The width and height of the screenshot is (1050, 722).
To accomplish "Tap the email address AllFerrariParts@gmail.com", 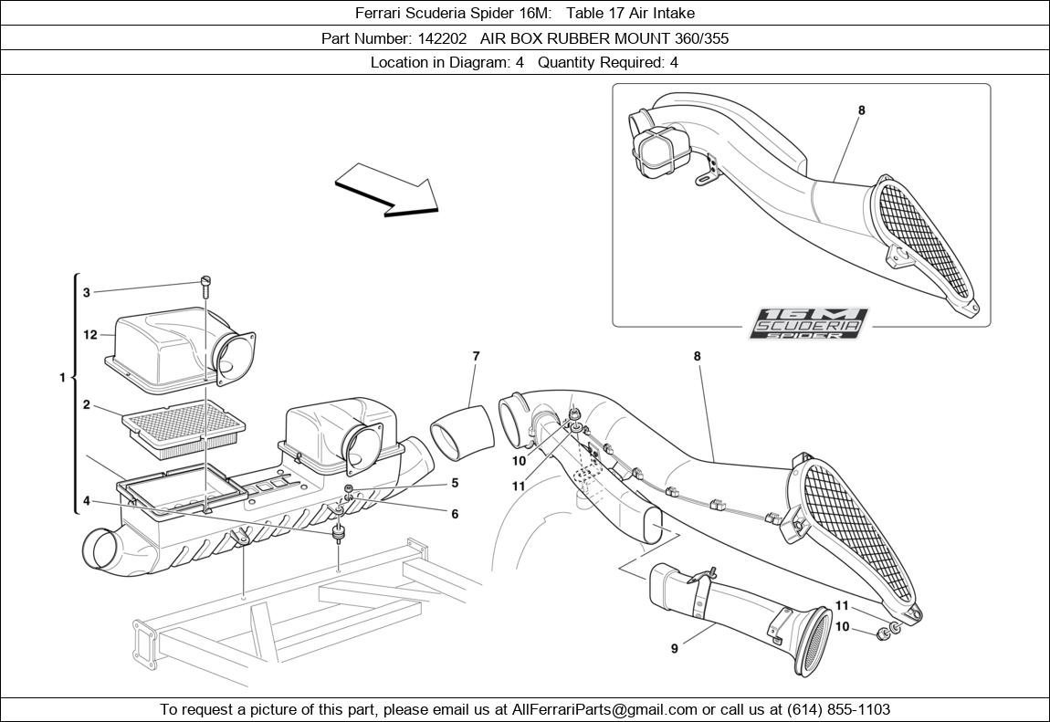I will [604, 709].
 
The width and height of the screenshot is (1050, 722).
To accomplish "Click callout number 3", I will [87, 293].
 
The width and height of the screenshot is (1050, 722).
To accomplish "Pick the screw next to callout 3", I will [205, 287].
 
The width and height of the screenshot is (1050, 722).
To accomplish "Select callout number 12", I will [90, 335].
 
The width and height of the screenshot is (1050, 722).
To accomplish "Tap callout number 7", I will [476, 356].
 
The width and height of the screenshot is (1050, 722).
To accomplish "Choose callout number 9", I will [675, 649].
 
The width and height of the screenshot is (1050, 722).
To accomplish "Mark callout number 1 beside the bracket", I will [63, 377].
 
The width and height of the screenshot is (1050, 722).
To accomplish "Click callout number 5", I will [455, 483].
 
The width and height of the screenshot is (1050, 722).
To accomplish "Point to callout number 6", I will [455, 514].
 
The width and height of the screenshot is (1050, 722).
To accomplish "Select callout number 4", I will [87, 501].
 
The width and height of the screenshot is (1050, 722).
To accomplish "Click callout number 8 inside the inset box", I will [861, 110].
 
